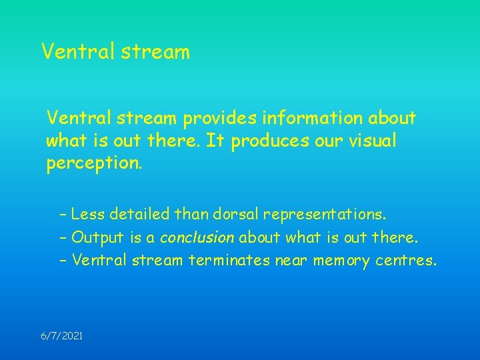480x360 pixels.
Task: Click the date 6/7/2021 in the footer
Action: tap(62, 337)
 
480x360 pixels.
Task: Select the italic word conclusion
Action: tap(197, 237)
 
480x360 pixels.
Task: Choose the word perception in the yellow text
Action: tap(93, 164)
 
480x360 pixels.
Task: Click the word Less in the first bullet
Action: tap(87, 215)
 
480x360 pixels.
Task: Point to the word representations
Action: tap(324, 215)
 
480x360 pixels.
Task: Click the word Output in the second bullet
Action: tap(93, 237)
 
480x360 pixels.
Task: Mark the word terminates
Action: tap(229, 260)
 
